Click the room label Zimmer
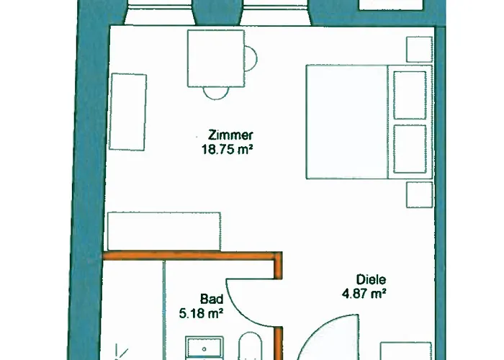click(230, 135)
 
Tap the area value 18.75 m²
click(227, 150)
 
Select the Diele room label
click(371, 279)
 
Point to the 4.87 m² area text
click(364, 294)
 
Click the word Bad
click(212, 299)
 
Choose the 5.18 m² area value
click(201, 313)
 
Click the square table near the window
click(216, 58)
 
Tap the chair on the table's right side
click(251, 58)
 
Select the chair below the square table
click(216, 93)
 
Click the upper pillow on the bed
click(410, 95)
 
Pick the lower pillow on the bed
click(410, 149)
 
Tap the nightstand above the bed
click(420, 50)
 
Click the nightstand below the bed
click(420, 195)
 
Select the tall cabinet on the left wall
click(128, 112)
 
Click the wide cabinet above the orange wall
click(164, 231)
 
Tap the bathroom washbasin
click(204, 348)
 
